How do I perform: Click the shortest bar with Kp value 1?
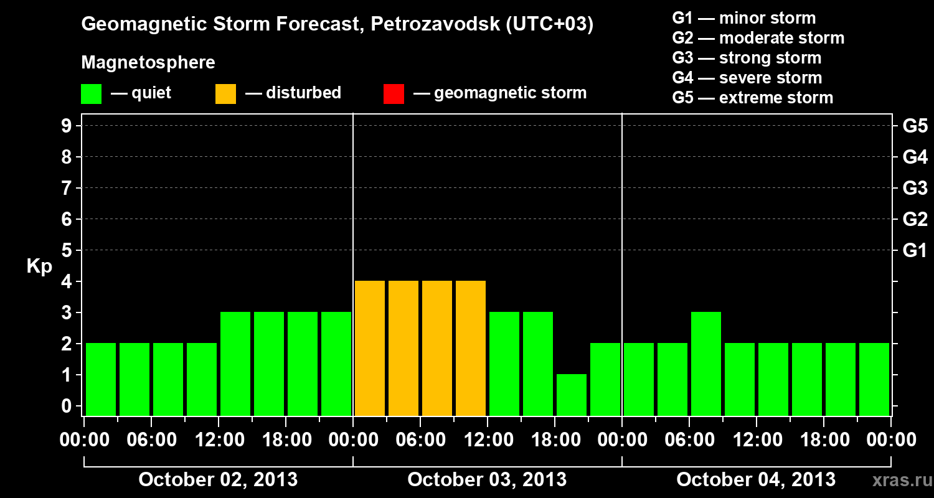click(572, 395)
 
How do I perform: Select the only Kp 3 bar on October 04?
click(706, 364)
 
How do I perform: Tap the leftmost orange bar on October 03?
click(370, 348)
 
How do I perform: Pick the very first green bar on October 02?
click(101, 379)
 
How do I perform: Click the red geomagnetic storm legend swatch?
click(394, 93)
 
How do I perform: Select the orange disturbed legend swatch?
click(225, 93)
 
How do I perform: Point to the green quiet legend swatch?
click(91, 93)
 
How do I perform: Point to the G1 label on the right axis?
click(915, 250)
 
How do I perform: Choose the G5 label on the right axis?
click(915, 126)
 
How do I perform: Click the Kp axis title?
click(39, 266)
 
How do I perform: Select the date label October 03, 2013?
click(487, 479)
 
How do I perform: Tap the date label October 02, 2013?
click(218, 479)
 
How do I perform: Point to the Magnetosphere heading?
click(148, 63)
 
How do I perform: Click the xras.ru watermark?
click(897, 480)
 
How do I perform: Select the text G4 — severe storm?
click(747, 78)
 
